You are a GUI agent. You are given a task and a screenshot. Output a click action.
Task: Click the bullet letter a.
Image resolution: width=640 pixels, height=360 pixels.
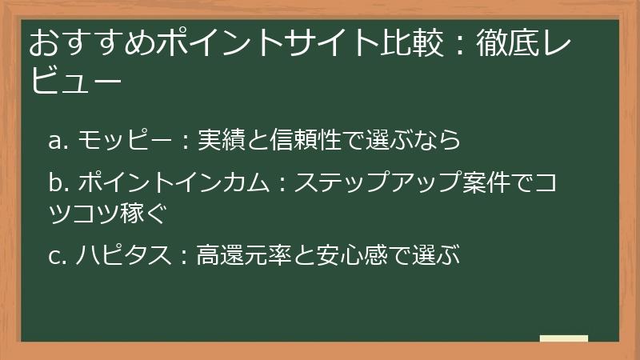click(55, 142)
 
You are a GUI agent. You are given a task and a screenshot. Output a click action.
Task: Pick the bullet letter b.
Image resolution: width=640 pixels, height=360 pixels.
click(55, 183)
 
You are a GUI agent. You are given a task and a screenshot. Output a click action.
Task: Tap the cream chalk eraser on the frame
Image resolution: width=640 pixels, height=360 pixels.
click(564, 339)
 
